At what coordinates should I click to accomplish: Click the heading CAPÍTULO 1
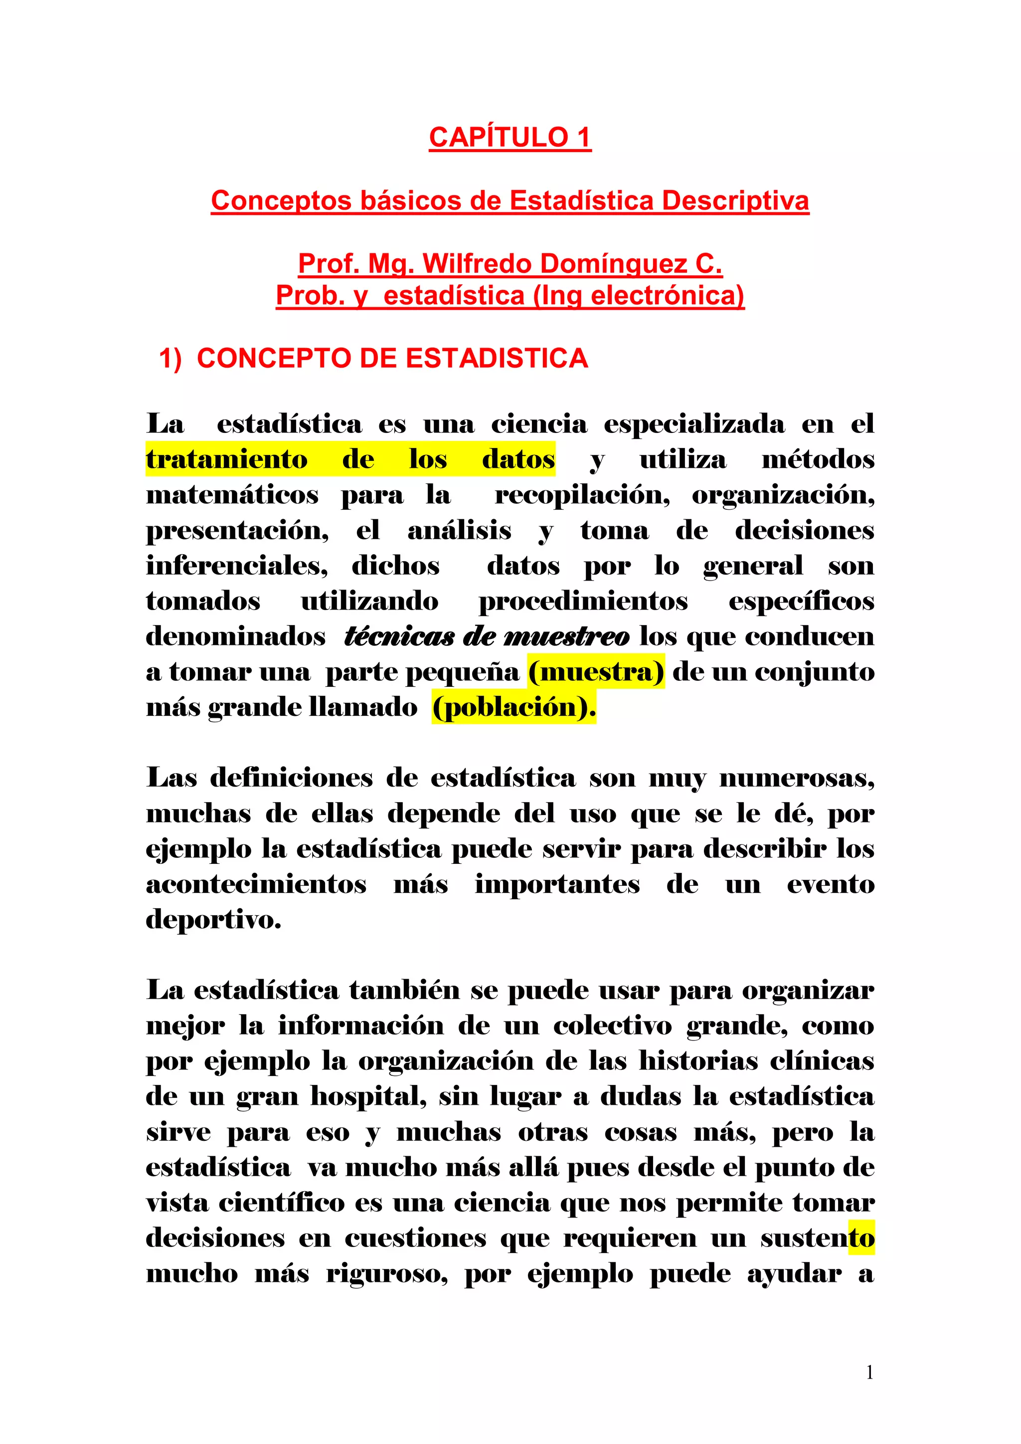tap(510, 137)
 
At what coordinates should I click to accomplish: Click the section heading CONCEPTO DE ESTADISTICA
tap(392, 359)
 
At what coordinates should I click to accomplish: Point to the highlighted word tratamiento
tap(227, 459)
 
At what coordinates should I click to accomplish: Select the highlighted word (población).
tap(513, 707)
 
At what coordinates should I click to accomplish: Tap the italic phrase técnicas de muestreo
tap(487, 636)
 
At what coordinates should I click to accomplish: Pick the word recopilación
tap(582, 495)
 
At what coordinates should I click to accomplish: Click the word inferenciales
tap(237, 566)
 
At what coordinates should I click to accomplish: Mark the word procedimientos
tap(583, 601)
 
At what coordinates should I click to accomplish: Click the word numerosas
tap(797, 778)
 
